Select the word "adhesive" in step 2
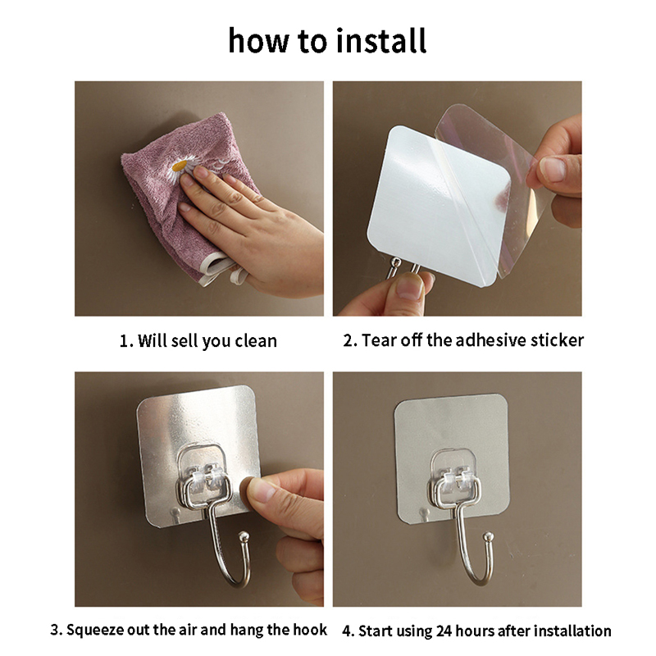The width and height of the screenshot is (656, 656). coord(490,340)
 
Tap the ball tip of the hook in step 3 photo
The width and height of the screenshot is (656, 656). coord(244,536)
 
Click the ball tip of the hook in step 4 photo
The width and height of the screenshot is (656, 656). coord(488,537)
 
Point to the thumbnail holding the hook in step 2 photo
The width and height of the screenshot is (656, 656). coord(408,285)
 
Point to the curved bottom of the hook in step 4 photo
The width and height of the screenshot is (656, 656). coord(477,579)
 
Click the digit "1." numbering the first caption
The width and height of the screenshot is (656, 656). coord(126,341)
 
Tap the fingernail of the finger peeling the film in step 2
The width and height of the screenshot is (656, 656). coord(552,169)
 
